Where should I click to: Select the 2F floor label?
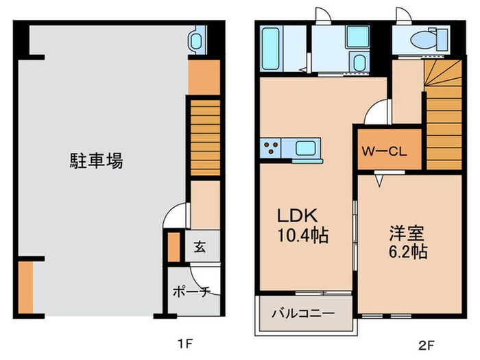coord(426,341)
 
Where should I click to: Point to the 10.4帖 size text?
coord(302,237)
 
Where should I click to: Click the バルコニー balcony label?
coord(302,313)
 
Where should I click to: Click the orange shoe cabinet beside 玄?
coord(173,247)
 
